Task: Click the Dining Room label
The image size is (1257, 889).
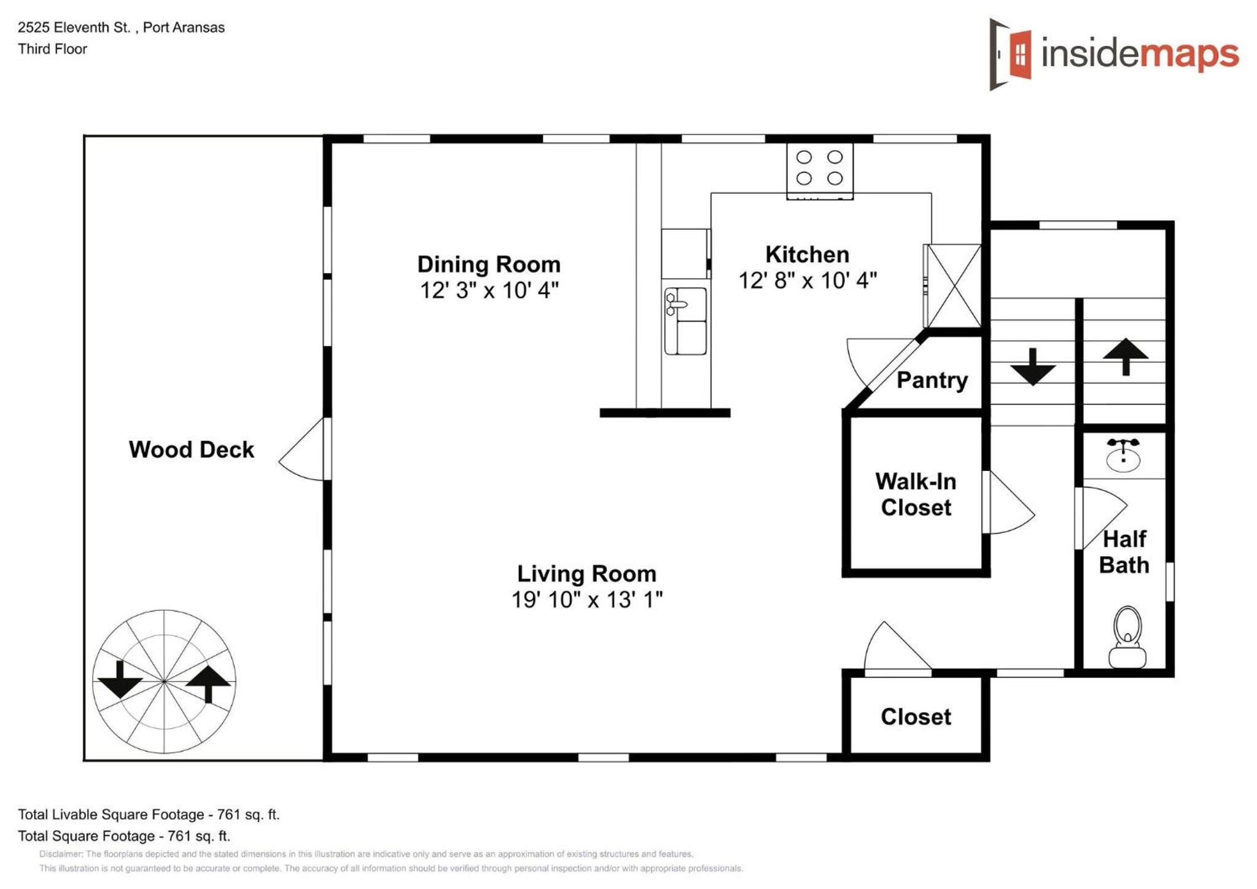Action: tap(489, 265)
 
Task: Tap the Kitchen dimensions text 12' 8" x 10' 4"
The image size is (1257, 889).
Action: tap(807, 281)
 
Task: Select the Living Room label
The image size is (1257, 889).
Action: tap(586, 574)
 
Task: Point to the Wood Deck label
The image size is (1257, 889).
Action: tap(191, 449)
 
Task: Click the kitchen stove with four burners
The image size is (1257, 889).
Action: tap(819, 171)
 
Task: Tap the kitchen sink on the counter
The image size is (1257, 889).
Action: tap(685, 320)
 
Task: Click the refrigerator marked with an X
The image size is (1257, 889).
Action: tap(952, 285)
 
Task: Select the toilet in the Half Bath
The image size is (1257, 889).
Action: tap(1127, 637)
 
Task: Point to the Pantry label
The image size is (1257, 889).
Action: tap(932, 380)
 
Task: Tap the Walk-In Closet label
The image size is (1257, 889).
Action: tap(916, 494)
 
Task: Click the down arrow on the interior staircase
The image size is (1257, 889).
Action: tap(1033, 367)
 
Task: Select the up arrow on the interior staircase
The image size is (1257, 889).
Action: tap(1126, 357)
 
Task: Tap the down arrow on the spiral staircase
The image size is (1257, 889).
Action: tap(120, 680)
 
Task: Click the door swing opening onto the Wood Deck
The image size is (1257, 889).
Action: tap(301, 449)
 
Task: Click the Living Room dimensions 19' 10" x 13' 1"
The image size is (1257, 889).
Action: tap(587, 600)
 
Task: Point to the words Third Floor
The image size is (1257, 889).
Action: tap(52, 49)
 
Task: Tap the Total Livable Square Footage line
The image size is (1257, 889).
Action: tap(149, 815)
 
